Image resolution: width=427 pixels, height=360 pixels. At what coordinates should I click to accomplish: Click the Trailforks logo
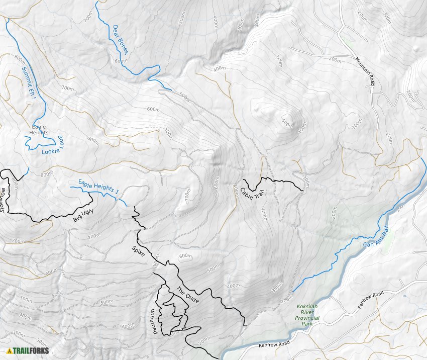coord(28,350)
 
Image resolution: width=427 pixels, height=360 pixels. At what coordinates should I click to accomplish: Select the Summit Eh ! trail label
coord(29,83)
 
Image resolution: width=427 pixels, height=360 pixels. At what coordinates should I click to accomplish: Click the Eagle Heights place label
coord(39,130)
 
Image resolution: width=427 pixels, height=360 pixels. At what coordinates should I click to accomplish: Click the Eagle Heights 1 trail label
coord(98,187)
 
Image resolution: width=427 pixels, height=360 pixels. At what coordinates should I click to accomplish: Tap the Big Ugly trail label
coord(83,215)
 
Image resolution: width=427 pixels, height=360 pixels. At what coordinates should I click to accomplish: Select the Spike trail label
coord(138,251)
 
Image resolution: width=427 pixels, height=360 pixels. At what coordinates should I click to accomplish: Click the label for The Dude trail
coord(187,295)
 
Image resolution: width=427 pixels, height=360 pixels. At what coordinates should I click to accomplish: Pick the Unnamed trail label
coord(154,321)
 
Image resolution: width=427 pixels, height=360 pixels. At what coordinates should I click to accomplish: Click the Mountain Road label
coord(365,70)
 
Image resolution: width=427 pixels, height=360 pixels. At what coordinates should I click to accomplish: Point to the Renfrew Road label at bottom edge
coord(275,345)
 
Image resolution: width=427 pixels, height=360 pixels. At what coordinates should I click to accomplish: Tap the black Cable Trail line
coord(274,179)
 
